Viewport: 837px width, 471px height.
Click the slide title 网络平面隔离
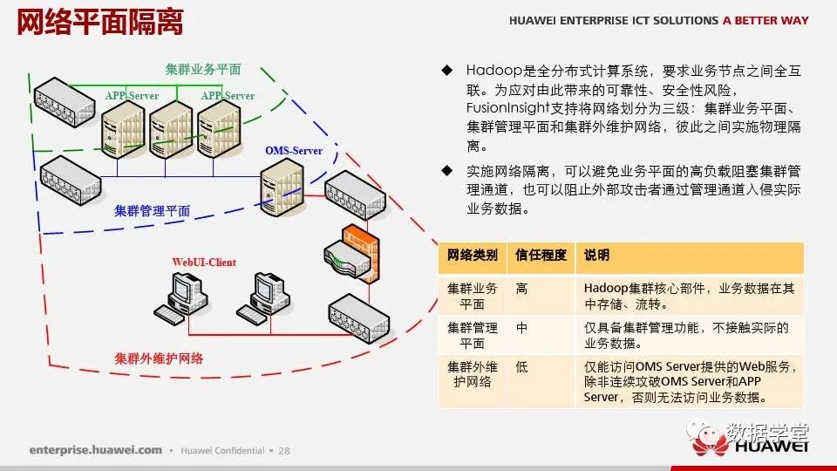(99, 22)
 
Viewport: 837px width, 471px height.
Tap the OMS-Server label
(294, 151)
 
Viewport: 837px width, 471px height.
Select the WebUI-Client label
(204, 263)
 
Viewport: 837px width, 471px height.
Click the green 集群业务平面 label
(203, 70)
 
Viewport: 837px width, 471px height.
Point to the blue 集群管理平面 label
(152, 211)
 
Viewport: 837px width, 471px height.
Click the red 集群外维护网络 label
(159, 358)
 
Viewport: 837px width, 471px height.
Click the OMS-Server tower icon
(282, 188)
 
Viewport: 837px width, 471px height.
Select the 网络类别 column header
(472, 256)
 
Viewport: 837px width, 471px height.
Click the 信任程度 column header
(541, 256)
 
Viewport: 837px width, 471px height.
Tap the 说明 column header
(596, 256)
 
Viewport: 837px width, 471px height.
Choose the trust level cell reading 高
(521, 289)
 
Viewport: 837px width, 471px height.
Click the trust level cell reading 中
(521, 328)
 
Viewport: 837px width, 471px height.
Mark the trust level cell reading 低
(521, 367)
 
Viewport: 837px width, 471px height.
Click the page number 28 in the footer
(284, 451)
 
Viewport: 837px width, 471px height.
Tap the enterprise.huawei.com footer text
(96, 450)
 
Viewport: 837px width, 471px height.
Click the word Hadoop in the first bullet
(493, 71)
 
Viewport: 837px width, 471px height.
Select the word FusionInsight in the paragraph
(507, 108)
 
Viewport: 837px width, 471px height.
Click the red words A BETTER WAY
(766, 20)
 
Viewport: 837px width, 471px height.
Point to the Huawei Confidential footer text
(222, 451)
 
